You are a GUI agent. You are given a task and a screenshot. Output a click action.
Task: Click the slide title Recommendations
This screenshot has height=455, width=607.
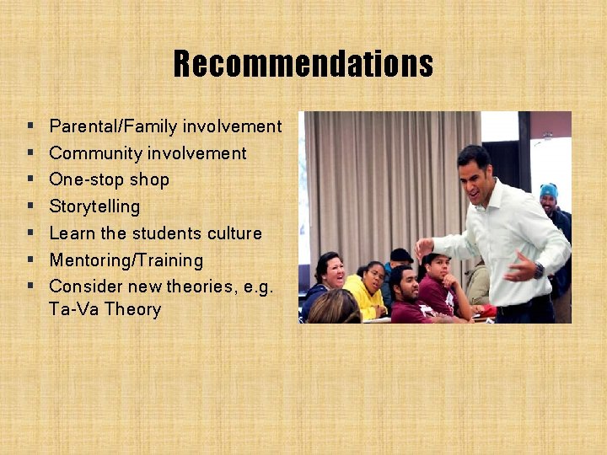point(303,64)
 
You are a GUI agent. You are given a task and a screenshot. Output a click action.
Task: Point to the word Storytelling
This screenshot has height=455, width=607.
point(94,206)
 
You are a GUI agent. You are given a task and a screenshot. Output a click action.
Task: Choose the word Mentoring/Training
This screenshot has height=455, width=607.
point(126,260)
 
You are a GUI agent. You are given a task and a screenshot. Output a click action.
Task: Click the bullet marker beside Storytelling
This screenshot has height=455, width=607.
point(30,206)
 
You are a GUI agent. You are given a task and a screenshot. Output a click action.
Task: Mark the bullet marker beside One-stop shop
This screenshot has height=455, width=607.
point(30,179)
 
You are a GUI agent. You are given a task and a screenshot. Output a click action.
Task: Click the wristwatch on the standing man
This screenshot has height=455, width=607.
point(539,270)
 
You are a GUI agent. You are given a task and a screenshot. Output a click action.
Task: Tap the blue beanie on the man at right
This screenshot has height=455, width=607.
point(549,190)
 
